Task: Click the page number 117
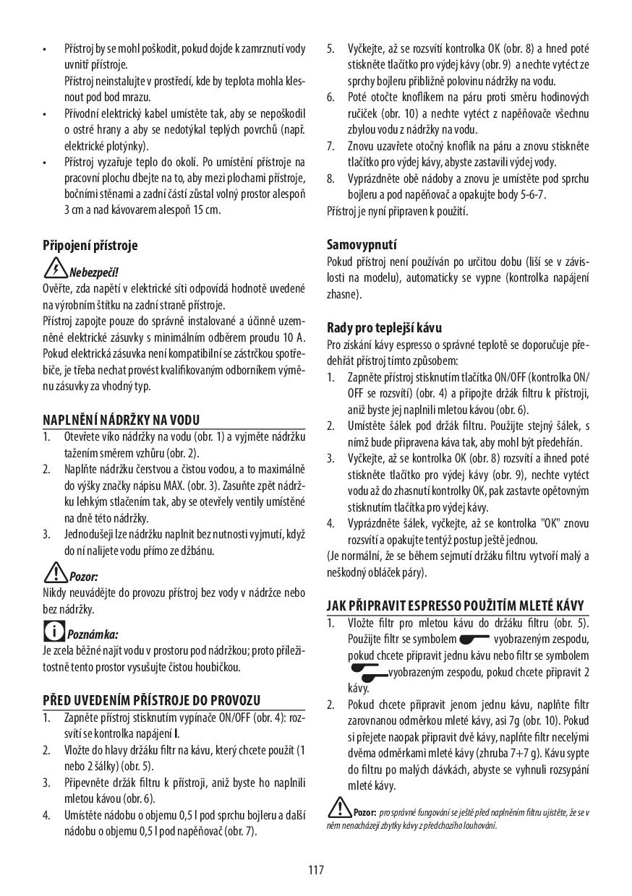click(316, 869)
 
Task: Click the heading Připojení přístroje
click(90, 245)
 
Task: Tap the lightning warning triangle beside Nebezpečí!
click(56, 270)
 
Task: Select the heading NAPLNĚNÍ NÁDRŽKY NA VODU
click(121, 420)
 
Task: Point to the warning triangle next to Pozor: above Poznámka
click(55, 574)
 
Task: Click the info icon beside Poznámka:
click(54, 632)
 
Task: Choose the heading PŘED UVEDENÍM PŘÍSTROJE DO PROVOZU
click(151, 700)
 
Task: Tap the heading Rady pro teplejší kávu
click(384, 327)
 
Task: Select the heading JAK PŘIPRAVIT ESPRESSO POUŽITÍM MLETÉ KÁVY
click(455, 606)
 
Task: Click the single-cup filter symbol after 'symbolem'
click(474, 639)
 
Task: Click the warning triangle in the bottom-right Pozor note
click(339, 806)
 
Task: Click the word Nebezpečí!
click(93, 272)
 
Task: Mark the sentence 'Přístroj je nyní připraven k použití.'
click(397, 211)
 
